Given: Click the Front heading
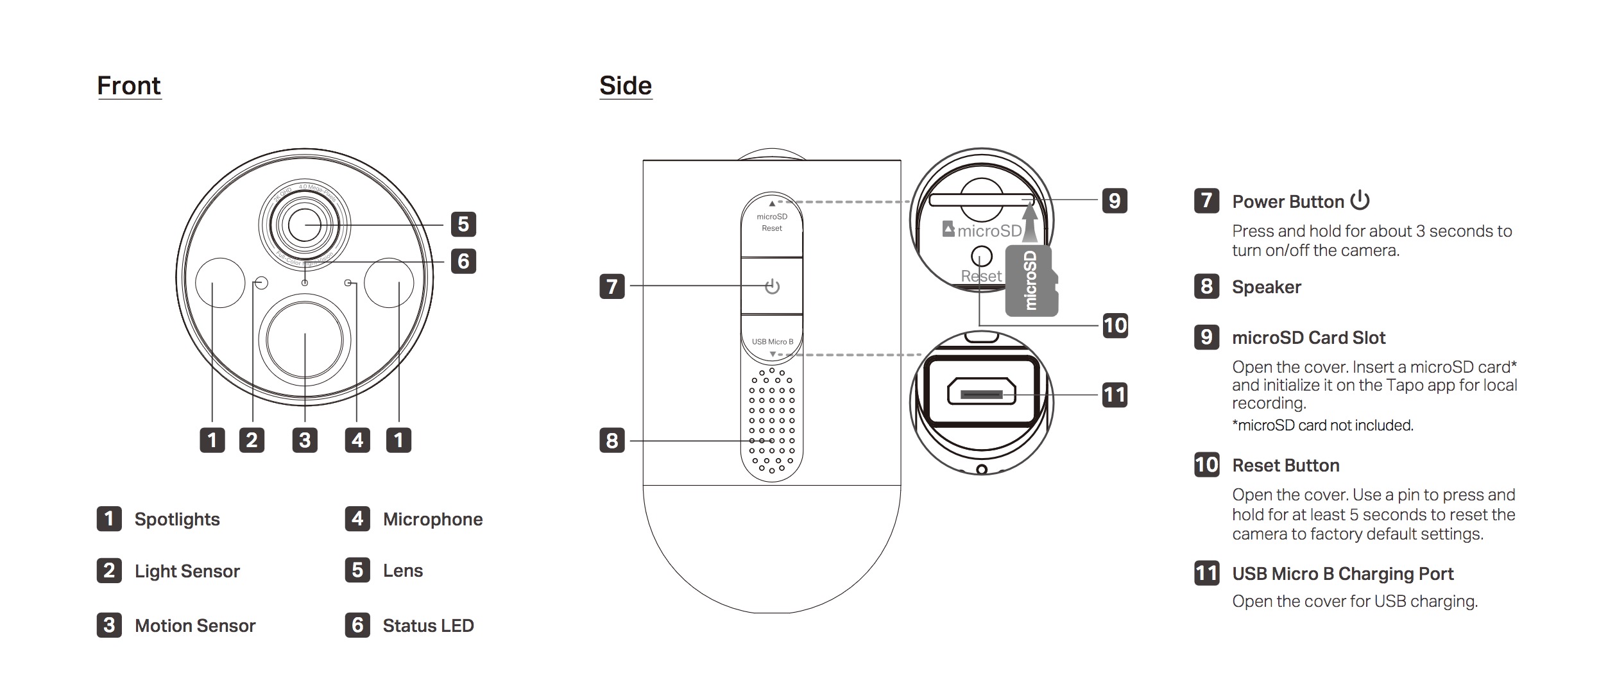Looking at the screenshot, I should click(x=128, y=86).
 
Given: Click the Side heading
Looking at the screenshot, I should click(x=625, y=86).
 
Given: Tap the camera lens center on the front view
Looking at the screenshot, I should click(x=304, y=225).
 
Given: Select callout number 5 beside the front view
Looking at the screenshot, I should click(x=463, y=225).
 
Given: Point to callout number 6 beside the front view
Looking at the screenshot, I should click(x=463, y=261).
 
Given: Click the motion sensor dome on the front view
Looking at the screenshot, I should click(x=304, y=340).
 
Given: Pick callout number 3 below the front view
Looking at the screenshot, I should click(x=305, y=440).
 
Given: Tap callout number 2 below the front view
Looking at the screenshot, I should click(x=252, y=440).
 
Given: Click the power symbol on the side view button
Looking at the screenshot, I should click(x=772, y=286).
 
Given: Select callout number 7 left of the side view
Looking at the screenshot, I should click(x=612, y=286).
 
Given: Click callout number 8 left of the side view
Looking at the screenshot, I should click(x=612, y=441).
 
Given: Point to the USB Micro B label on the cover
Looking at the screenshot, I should click(x=773, y=342).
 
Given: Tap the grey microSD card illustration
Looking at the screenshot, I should click(x=1030, y=280).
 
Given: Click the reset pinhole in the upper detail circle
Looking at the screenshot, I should click(x=981, y=257).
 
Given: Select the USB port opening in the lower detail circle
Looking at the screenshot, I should click(x=982, y=393).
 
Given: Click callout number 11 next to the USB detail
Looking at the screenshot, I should click(x=1115, y=395).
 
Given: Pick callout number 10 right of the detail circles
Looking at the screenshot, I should click(x=1115, y=325).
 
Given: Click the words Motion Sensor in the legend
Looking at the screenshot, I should click(x=195, y=626).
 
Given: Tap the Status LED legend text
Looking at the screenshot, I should click(x=428, y=626).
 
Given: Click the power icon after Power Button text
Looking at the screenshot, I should click(x=1360, y=201).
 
